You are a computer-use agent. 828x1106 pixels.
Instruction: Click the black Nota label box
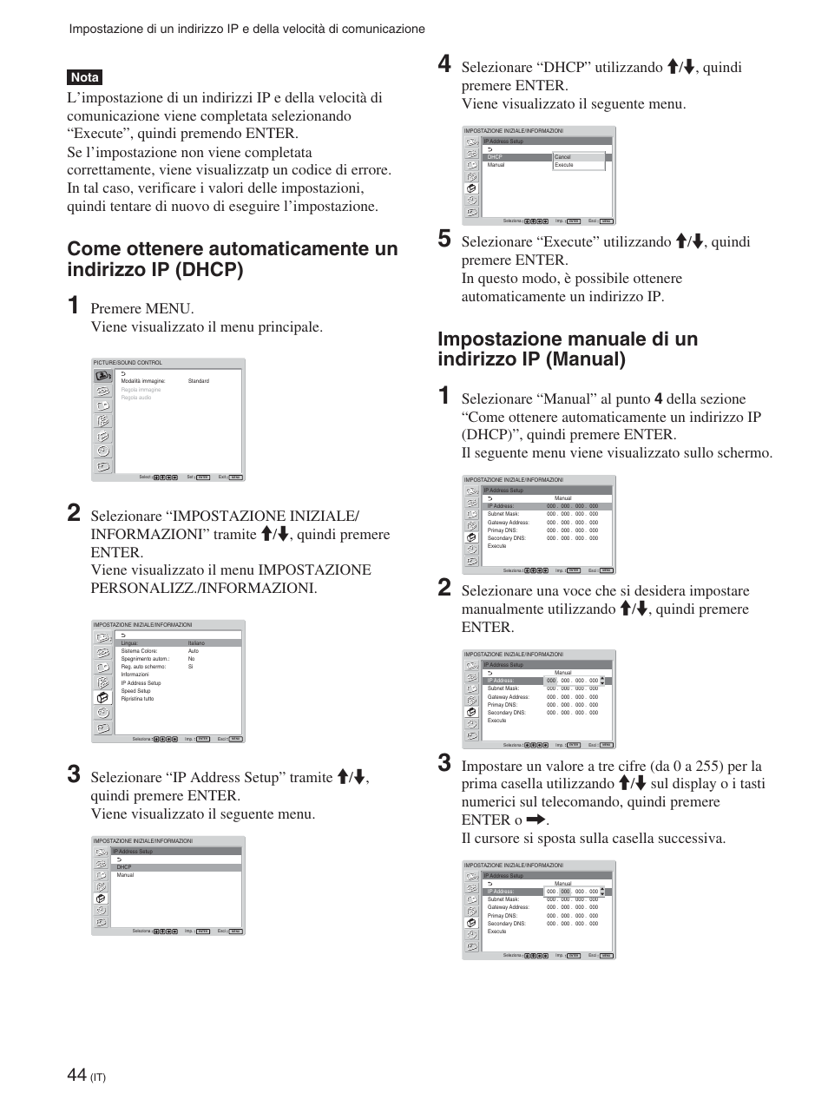(85, 77)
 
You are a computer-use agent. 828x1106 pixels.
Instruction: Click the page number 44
(76, 1075)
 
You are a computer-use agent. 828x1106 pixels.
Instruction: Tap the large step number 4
(444, 64)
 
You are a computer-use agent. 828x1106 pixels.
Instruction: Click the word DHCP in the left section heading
(207, 270)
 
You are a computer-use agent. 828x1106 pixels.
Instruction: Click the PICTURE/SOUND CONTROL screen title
(128, 363)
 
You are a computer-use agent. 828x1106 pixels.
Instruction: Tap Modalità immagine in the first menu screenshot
(142, 381)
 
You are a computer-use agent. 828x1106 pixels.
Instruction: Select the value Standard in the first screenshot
(198, 381)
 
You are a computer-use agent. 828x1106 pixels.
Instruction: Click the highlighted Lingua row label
(129, 643)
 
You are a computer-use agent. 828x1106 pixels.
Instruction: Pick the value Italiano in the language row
(196, 643)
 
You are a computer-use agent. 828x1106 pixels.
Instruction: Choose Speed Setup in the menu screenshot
(135, 691)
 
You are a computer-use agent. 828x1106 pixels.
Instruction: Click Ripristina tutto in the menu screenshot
(137, 699)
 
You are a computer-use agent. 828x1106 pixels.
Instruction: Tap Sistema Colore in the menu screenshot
(139, 651)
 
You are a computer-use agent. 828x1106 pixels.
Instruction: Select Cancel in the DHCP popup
(562, 157)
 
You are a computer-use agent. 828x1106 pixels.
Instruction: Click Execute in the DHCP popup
(564, 165)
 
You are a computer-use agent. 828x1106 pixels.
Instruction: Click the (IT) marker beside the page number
(98, 1078)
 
